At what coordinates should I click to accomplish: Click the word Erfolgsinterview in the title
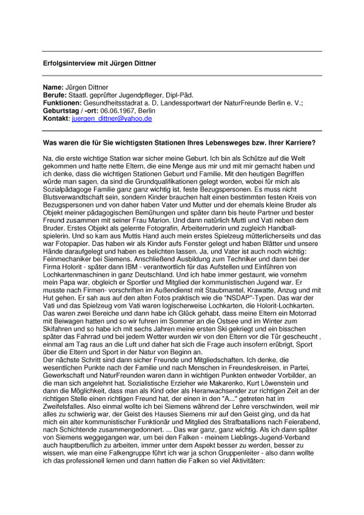pos(69,63)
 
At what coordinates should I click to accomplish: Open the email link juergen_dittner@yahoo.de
pos(112,119)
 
